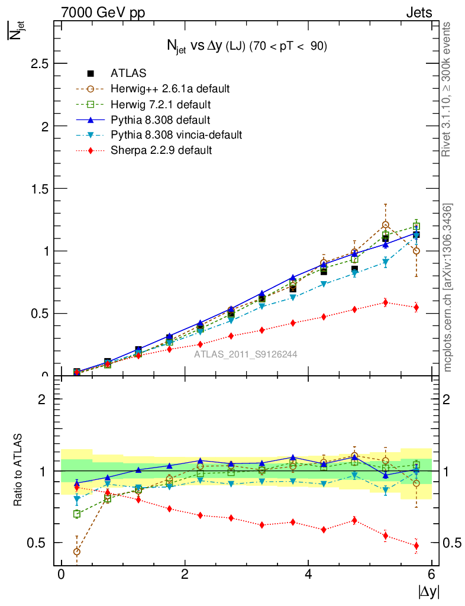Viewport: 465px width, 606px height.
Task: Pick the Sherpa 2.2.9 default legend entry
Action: pos(161,150)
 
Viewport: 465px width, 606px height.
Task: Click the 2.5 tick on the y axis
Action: pos(40,64)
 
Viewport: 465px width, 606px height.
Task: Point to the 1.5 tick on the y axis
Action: pos(40,189)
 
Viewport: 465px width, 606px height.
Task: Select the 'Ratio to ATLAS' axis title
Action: pos(18,471)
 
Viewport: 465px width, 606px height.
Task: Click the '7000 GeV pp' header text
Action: pos(103,12)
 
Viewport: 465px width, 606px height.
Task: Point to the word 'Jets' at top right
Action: pos(418,12)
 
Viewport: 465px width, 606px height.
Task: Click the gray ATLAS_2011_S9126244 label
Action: pos(246,354)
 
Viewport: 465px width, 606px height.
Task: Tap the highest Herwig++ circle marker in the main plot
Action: pos(386,225)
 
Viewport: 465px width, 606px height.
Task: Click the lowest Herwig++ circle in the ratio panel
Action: pos(77,552)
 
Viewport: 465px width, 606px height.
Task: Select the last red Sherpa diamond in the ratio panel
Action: pos(416,546)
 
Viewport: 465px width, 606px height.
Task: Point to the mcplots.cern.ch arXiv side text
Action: pos(448,288)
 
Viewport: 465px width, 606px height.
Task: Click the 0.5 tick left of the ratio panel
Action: pos(40,543)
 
